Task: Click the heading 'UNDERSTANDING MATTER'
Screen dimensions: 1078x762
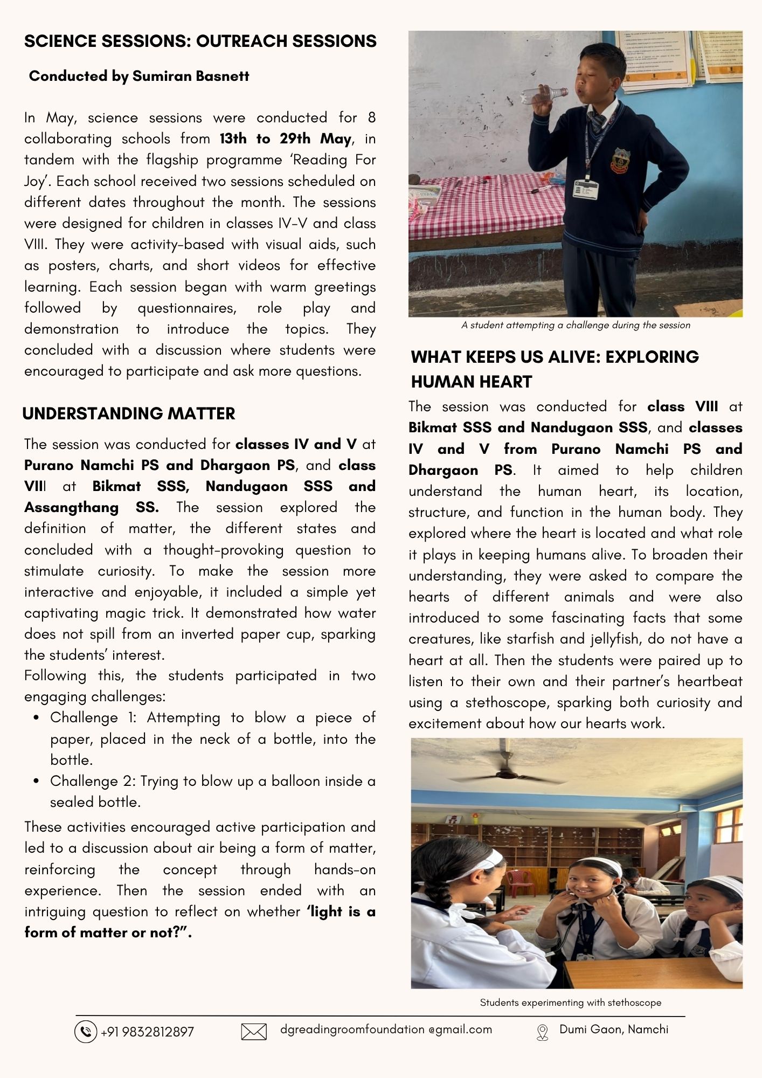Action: tap(129, 413)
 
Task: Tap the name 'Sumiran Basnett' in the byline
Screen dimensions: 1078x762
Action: tap(191, 76)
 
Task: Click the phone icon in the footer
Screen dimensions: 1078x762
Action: tap(85, 1032)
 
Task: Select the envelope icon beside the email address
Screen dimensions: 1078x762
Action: tap(254, 1032)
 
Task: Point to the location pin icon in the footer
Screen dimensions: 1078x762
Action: tap(542, 1032)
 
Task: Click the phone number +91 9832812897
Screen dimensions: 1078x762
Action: tap(147, 1032)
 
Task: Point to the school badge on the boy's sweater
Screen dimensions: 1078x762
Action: tap(620, 160)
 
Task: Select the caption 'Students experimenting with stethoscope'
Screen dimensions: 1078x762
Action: tap(570, 1003)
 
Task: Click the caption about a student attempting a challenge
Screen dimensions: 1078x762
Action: tap(576, 325)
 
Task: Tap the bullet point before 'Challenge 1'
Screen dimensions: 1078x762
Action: tap(36, 718)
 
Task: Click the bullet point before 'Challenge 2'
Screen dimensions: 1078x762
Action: tap(36, 781)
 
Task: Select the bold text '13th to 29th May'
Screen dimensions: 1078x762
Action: tap(285, 139)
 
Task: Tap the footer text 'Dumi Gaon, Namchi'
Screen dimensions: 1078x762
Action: tap(614, 1029)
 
